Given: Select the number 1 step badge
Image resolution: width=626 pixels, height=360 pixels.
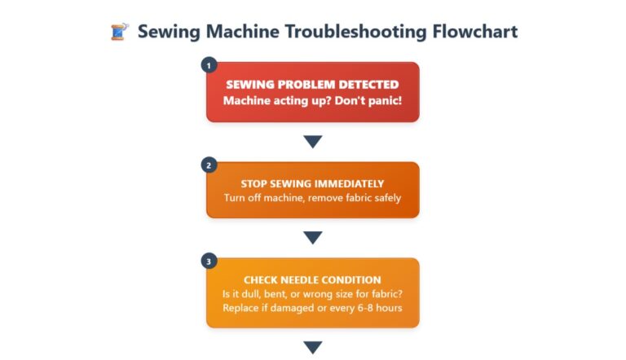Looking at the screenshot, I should click(208, 66).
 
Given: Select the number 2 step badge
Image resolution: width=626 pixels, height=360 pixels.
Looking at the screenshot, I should click(208, 165).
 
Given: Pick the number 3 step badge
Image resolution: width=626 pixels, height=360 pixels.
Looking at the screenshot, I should click(208, 261).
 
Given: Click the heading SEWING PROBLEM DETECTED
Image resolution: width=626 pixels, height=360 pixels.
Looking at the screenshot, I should click(312, 85).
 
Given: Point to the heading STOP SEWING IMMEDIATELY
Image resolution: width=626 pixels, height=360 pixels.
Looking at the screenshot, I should click(312, 183).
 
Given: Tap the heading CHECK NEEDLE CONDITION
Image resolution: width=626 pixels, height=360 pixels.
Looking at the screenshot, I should click(312, 280).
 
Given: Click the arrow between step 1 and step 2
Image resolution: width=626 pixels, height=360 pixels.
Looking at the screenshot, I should click(312, 142).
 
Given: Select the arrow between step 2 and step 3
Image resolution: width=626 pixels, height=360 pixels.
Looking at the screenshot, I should click(312, 238).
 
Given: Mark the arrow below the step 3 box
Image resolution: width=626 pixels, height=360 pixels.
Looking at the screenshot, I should click(312, 347).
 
